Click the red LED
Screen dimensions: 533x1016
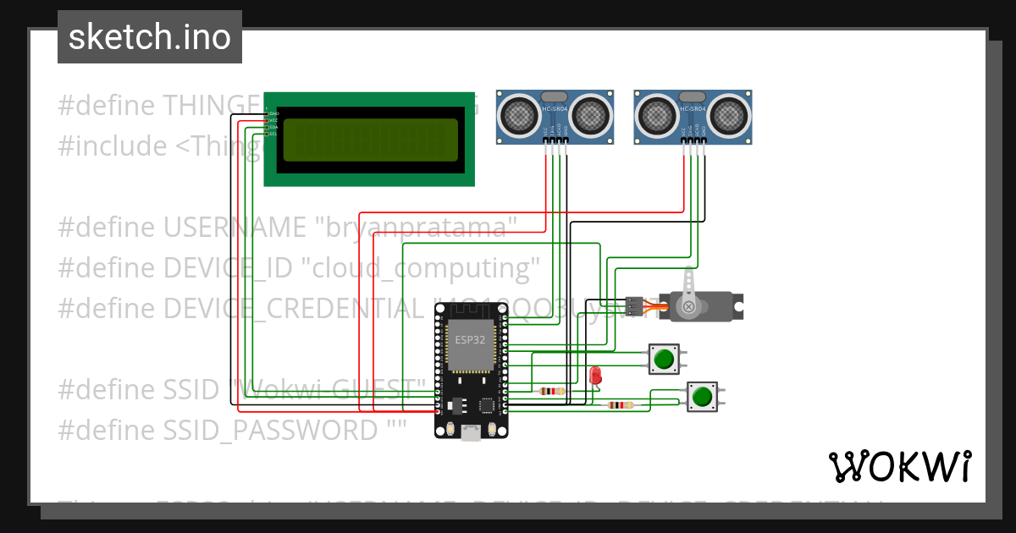(594, 375)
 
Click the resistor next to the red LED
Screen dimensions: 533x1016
(552, 391)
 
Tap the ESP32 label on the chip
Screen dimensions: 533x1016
(469, 339)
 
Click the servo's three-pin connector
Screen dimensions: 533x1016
(633, 306)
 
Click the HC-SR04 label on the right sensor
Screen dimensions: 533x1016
(693, 109)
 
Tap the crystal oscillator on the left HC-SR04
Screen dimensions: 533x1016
(554, 96)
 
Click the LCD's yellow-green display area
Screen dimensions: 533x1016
(370, 140)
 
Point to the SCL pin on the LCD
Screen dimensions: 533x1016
(272, 134)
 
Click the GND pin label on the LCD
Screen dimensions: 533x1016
(273, 113)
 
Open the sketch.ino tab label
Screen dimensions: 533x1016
(150, 37)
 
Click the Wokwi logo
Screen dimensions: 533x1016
(899, 466)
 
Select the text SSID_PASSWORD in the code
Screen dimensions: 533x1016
(270, 430)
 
